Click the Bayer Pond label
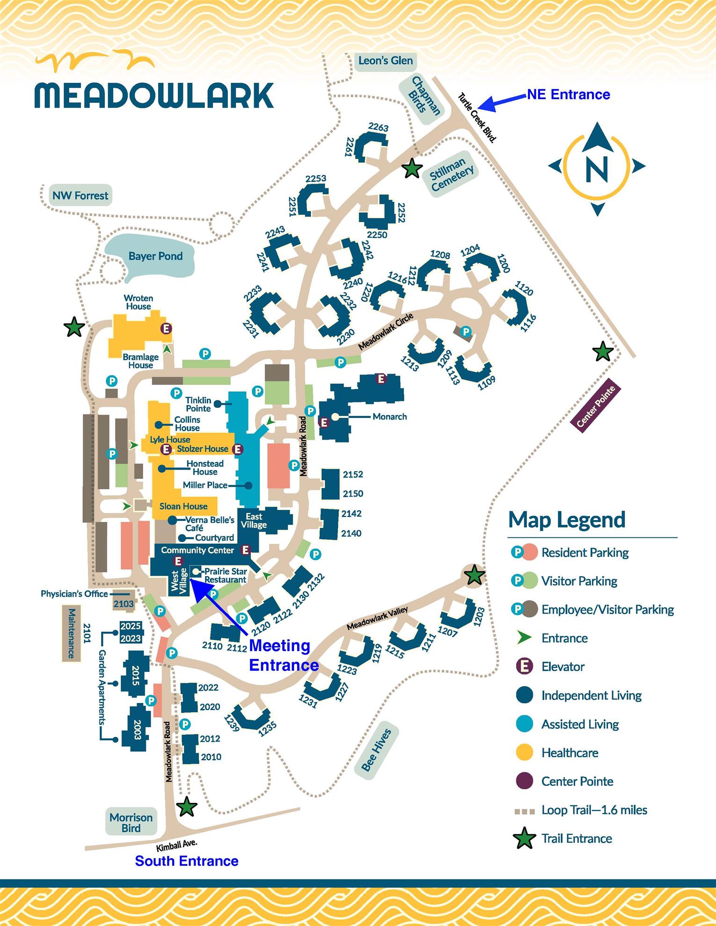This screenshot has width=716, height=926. point(155,256)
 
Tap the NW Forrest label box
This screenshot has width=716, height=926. point(80,195)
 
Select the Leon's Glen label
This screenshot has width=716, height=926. point(385,61)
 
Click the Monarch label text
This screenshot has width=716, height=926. point(389,417)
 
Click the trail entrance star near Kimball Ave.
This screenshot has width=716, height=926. point(187,806)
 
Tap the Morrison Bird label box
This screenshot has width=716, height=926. point(131,823)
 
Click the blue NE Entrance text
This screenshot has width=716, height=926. point(568,94)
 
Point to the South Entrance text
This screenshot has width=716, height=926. point(187,861)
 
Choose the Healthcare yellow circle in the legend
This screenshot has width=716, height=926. point(525,752)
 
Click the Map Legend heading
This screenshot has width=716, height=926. point(567,520)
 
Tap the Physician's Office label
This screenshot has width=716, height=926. point(74,594)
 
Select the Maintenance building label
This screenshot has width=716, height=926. point(72,634)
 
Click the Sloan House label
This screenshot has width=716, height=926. point(183,506)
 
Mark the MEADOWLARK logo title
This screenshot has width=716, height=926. point(154,95)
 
